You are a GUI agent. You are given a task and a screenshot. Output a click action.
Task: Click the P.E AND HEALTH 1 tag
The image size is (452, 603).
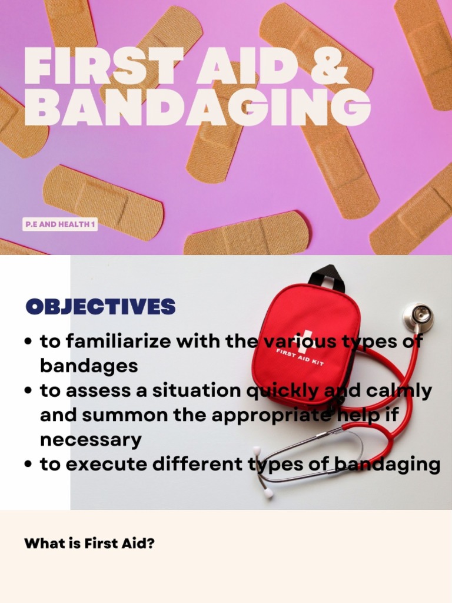click(x=59, y=224)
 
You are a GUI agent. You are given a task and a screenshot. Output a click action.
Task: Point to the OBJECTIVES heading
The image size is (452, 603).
click(x=101, y=306)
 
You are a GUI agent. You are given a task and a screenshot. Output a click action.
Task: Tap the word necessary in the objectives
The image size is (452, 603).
click(x=91, y=439)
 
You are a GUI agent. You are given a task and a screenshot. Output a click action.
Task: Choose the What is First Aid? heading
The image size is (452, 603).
click(x=89, y=543)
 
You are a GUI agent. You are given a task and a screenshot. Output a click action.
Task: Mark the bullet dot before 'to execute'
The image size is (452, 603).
click(x=28, y=465)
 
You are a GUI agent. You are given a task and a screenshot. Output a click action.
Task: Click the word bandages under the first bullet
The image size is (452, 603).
click(x=89, y=366)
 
